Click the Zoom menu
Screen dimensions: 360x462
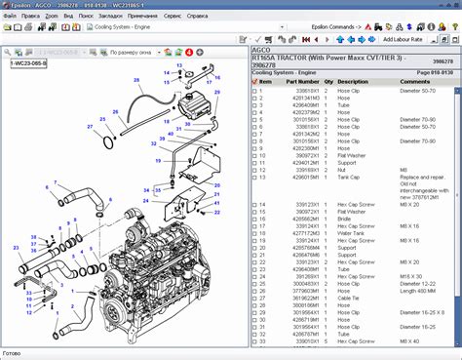click(52, 17)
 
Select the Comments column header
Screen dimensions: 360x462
click(416, 82)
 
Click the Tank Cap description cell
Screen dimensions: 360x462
click(350, 177)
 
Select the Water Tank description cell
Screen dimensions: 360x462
click(352, 232)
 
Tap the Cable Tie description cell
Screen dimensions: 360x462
click(350, 297)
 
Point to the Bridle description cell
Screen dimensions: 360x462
click(346, 219)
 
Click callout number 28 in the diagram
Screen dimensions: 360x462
click(136, 79)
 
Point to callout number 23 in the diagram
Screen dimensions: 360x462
click(15, 247)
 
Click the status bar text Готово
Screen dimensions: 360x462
click(12, 353)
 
